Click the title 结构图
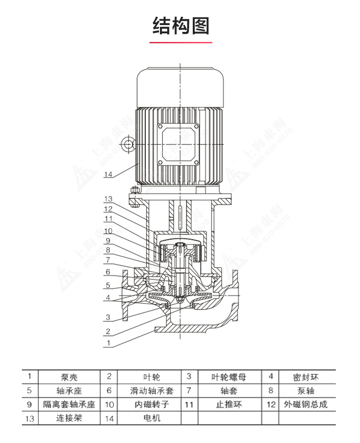pos(180,26)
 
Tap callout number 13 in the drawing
pos(108,199)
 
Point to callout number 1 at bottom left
pos(108,342)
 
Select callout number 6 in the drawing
pos(108,272)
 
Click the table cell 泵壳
pos(69,377)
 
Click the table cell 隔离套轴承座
pos(69,405)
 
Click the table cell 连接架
pos(69,418)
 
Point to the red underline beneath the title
pos(180,42)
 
